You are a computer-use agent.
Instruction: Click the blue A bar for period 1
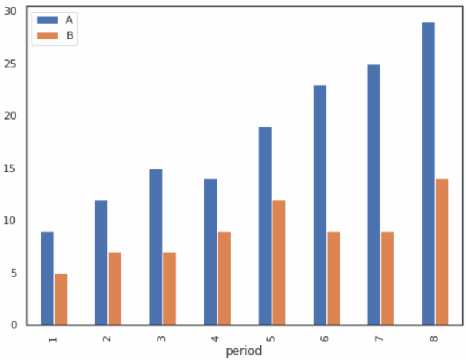(x=47, y=278)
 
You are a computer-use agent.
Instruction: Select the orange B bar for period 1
(x=61, y=299)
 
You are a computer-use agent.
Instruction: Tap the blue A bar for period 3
(x=156, y=247)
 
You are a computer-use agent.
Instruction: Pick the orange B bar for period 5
(x=279, y=262)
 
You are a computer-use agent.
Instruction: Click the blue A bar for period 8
(x=428, y=174)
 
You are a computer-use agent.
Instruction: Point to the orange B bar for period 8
(x=442, y=252)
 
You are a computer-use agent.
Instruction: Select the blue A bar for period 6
(x=320, y=205)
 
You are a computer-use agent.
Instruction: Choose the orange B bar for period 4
(x=224, y=278)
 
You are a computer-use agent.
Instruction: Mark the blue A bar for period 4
(x=211, y=252)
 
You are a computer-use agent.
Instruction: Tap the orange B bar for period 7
(x=387, y=278)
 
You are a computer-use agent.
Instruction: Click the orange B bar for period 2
(x=115, y=288)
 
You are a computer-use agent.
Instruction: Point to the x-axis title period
(x=243, y=352)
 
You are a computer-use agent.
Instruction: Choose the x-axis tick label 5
(x=269, y=336)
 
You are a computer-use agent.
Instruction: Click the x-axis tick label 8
(x=433, y=336)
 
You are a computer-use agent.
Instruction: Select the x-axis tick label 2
(x=106, y=336)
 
